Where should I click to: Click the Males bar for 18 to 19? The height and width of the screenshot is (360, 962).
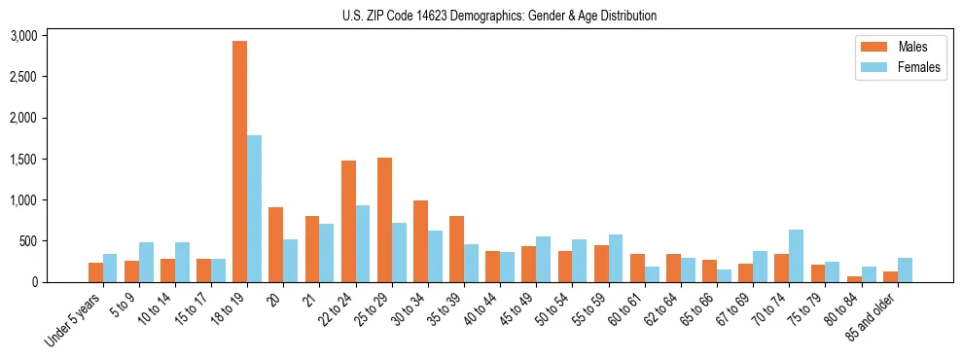pos(239,162)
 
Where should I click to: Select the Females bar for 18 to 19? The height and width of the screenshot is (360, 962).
pos(254,208)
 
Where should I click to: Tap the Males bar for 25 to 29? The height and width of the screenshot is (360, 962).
pos(384,220)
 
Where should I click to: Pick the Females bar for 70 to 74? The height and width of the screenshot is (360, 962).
pos(797,256)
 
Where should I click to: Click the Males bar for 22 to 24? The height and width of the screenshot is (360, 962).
pos(348,222)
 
